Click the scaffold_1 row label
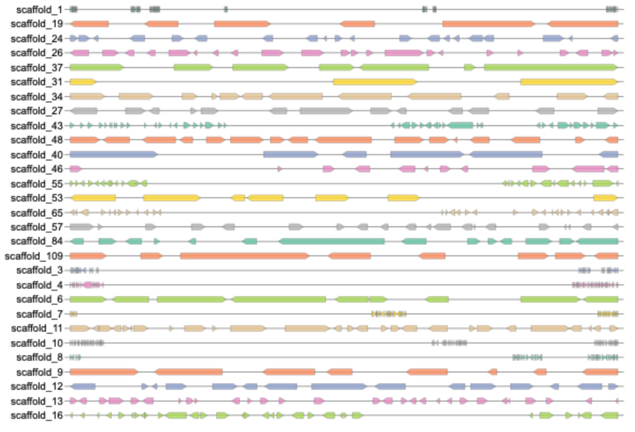coord(39,10)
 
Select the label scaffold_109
coord(34,256)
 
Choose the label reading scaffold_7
coord(39,314)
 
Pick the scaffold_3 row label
coord(39,270)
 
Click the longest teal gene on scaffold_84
coord(331,241)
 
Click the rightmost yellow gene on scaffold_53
coord(605,198)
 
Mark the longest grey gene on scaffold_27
coord(326,111)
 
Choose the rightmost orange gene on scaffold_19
coord(583,24)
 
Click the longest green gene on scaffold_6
coord(279,299)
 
